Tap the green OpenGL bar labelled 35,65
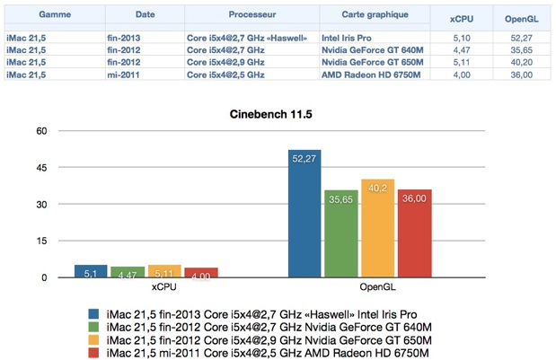coord(341,233)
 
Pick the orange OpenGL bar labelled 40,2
coord(377,228)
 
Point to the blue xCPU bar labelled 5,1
coord(91,271)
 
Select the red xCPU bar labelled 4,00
coord(201,273)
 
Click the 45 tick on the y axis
coord(41,167)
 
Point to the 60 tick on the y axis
coord(41,130)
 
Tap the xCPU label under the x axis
coord(145,287)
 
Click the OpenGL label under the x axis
coord(359,287)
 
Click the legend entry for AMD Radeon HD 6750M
coord(261,354)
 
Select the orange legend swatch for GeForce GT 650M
coord(93,341)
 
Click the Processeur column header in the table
coord(252,15)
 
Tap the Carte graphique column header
coord(375,15)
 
